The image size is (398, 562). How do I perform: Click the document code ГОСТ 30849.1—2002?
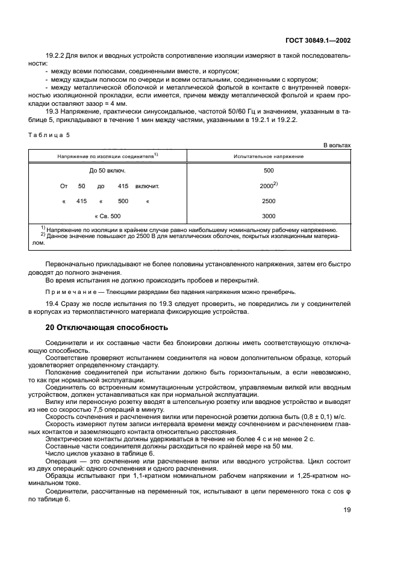[x=317, y=40]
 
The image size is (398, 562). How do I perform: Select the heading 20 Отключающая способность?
[x=108, y=327]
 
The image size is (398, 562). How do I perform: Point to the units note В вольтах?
[x=337, y=145]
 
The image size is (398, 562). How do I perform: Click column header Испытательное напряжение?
[x=269, y=156]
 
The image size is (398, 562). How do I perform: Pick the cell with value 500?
[x=269, y=171]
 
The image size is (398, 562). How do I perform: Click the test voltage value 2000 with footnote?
[x=269, y=186]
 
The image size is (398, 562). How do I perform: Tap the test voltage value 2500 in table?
[x=269, y=201]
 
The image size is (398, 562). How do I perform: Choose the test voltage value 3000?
[x=269, y=216]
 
